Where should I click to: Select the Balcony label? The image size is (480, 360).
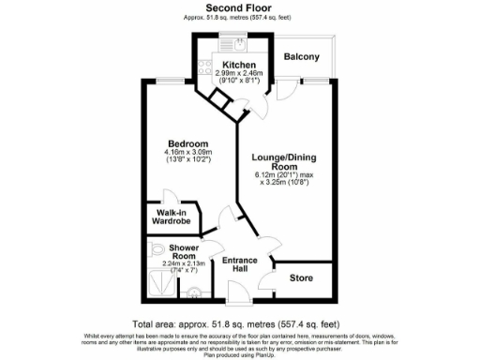pos(302,57)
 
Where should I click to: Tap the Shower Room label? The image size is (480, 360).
pos(183,251)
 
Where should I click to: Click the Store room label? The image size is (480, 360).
pos(301,277)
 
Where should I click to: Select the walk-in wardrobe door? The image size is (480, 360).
pos(170,199)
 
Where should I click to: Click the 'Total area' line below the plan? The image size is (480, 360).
pos(239,318)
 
